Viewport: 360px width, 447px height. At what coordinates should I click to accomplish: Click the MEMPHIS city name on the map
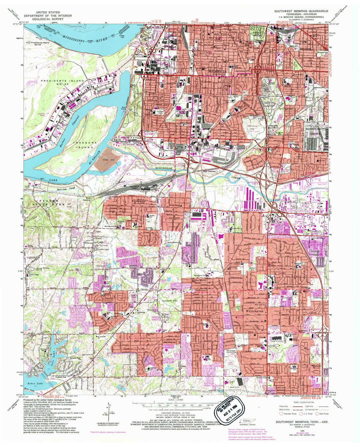point(217,71)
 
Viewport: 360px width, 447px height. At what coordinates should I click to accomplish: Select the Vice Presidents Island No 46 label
point(37,44)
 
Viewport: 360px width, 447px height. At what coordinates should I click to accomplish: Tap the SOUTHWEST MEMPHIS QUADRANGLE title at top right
point(301,11)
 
